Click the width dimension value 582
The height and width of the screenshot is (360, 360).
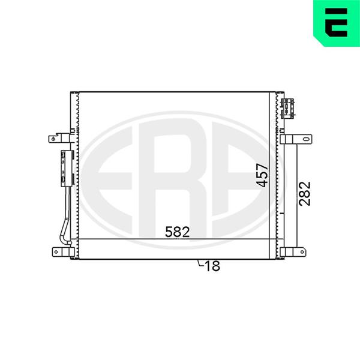178,232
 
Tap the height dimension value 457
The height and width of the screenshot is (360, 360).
262,175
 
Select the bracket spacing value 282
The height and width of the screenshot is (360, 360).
305,194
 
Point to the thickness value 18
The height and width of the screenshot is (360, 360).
212,266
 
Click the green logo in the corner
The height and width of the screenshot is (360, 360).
337,23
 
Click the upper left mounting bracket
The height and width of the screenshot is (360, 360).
59,138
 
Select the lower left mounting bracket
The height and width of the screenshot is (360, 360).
63,252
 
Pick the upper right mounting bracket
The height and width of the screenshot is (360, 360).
296,139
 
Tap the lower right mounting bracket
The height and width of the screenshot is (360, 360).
293,252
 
